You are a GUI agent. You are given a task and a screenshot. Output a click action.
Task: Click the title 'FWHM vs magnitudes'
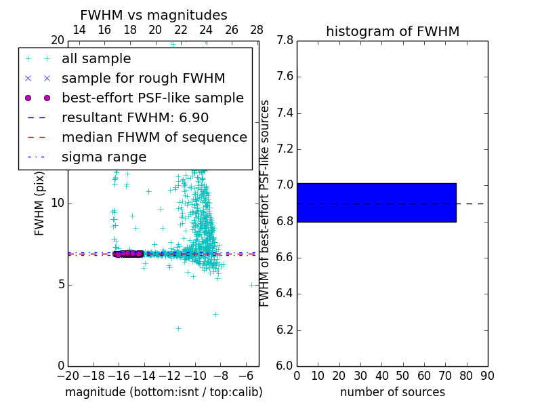coord(154,16)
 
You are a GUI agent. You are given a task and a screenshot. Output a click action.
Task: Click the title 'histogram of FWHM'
coord(392,31)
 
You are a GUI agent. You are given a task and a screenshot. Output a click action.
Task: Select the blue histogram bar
coord(376,202)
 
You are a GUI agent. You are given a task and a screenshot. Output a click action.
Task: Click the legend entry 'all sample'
coord(96,59)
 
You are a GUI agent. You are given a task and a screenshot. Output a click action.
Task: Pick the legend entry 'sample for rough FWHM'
coord(143,78)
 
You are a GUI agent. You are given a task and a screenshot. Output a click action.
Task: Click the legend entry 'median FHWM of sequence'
coord(154,137)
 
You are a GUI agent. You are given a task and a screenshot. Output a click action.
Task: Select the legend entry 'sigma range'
coord(104,157)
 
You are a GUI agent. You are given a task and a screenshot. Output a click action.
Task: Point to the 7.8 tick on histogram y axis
coord(285,41)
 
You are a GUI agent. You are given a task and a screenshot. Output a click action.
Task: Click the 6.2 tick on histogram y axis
coord(285,330)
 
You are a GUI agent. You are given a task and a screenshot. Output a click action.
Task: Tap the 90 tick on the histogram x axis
coord(487,375)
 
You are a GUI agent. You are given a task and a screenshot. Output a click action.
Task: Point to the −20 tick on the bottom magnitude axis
coord(68,375)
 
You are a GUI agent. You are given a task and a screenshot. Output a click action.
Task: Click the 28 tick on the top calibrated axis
coord(257,30)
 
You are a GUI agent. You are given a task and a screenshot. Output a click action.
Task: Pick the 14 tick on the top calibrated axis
coord(79,30)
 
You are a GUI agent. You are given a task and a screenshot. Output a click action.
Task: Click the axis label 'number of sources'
coord(392,392)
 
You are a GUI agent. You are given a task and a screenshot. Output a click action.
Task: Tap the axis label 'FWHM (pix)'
coord(40,203)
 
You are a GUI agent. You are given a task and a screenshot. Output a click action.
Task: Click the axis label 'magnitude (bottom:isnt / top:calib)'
coord(163,392)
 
